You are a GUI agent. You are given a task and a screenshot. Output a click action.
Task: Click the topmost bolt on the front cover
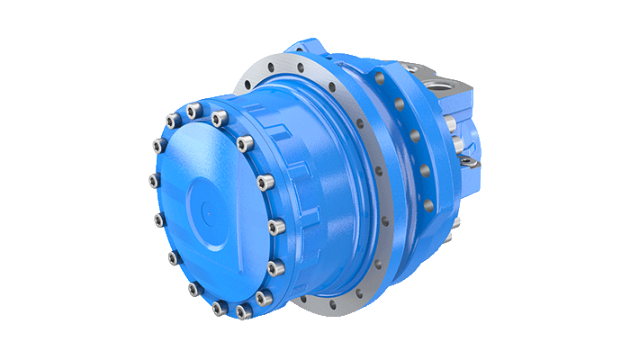[192, 112]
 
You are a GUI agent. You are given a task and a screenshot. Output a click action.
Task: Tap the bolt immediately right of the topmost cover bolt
[219, 117]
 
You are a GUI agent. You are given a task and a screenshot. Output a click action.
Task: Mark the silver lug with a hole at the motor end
[467, 160]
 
